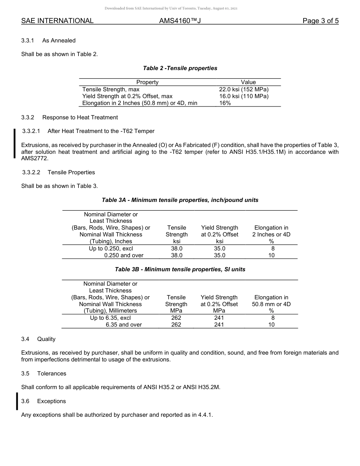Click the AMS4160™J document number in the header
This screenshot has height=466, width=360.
(x=180, y=21)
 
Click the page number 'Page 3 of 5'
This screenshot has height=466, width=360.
(x=320, y=21)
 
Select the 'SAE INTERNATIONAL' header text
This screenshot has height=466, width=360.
(x=57, y=21)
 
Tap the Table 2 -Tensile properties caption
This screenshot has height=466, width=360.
(x=180, y=68)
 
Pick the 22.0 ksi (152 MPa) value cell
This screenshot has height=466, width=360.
(x=244, y=89)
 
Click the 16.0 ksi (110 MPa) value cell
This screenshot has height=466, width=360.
(x=244, y=96)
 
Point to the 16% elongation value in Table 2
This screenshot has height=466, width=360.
(x=225, y=103)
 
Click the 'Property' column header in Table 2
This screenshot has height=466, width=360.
(x=147, y=82)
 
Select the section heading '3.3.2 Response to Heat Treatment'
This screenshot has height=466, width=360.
(x=69, y=117)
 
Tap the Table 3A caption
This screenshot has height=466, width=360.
(x=180, y=200)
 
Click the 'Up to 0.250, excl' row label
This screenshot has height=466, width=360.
(x=111, y=249)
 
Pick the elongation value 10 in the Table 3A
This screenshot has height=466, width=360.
(x=271, y=255)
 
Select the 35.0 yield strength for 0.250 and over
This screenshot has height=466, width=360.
(x=219, y=255)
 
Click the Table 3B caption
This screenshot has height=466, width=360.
(x=180, y=269)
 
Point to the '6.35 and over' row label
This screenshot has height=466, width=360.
(x=124, y=325)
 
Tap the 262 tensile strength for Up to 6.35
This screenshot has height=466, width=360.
(x=176, y=318)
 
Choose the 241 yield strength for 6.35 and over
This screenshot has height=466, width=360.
(x=219, y=325)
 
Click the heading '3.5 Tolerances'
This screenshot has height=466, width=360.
(x=44, y=374)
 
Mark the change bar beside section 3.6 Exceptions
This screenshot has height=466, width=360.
(x=17, y=402)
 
